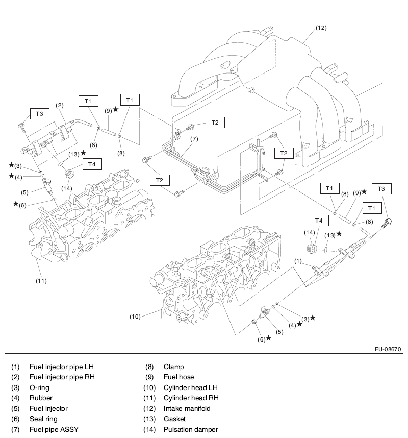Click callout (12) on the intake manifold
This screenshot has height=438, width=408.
click(x=321, y=27)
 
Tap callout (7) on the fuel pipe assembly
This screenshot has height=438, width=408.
click(x=194, y=139)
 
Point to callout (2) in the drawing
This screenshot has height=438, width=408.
click(x=60, y=105)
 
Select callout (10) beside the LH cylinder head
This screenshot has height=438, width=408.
click(x=135, y=317)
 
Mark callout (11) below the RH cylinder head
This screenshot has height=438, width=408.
click(x=41, y=280)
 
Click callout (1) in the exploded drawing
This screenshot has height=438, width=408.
click(x=297, y=261)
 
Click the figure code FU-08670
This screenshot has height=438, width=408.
click(x=388, y=350)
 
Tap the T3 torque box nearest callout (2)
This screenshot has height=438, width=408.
click(x=40, y=113)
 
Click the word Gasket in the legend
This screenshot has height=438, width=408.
click(x=174, y=419)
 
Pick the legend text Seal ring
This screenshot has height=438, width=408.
click(x=43, y=419)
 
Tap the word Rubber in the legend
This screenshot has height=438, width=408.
click(x=41, y=398)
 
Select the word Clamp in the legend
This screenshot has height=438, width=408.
click(x=174, y=367)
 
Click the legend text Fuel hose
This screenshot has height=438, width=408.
click(x=178, y=377)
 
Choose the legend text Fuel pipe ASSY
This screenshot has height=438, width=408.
click(x=54, y=429)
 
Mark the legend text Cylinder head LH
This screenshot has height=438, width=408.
click(x=191, y=387)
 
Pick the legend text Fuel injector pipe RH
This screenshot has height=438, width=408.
click(x=62, y=377)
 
